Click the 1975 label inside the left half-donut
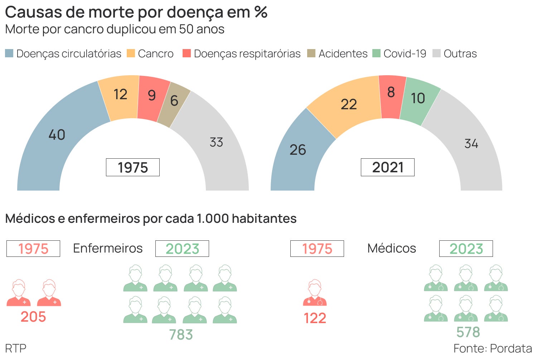coord(133,167)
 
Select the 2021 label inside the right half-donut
coord(387,167)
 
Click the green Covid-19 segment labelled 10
coord(418,100)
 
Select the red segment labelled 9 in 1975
coord(152,97)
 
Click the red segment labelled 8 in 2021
coord(391,95)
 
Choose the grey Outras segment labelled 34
coord(469,143)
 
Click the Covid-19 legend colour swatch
coord(376,53)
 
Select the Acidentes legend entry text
coord(343,54)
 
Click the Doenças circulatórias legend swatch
coord(9,53)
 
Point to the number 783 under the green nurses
coord(181,335)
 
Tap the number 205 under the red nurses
coord(33,317)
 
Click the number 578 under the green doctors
coord(468,332)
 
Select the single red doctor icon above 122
coord(315,293)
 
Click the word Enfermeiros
coord(108,248)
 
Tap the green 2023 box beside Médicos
coord(466,249)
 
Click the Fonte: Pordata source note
coord(493,348)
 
